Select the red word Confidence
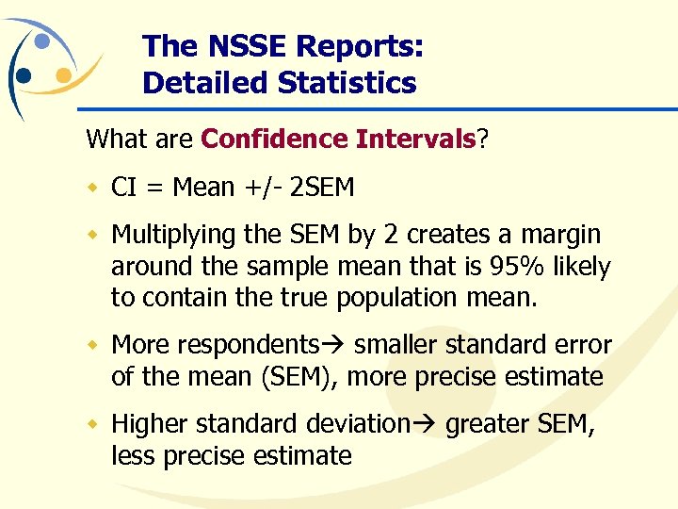tap(274, 140)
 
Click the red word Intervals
tap(415, 140)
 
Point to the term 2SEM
tap(322, 187)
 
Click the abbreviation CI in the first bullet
tap(122, 187)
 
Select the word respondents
tap(262, 346)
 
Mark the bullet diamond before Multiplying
tap(93, 234)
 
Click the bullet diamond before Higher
tap(93, 424)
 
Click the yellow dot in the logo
tap(64, 74)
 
